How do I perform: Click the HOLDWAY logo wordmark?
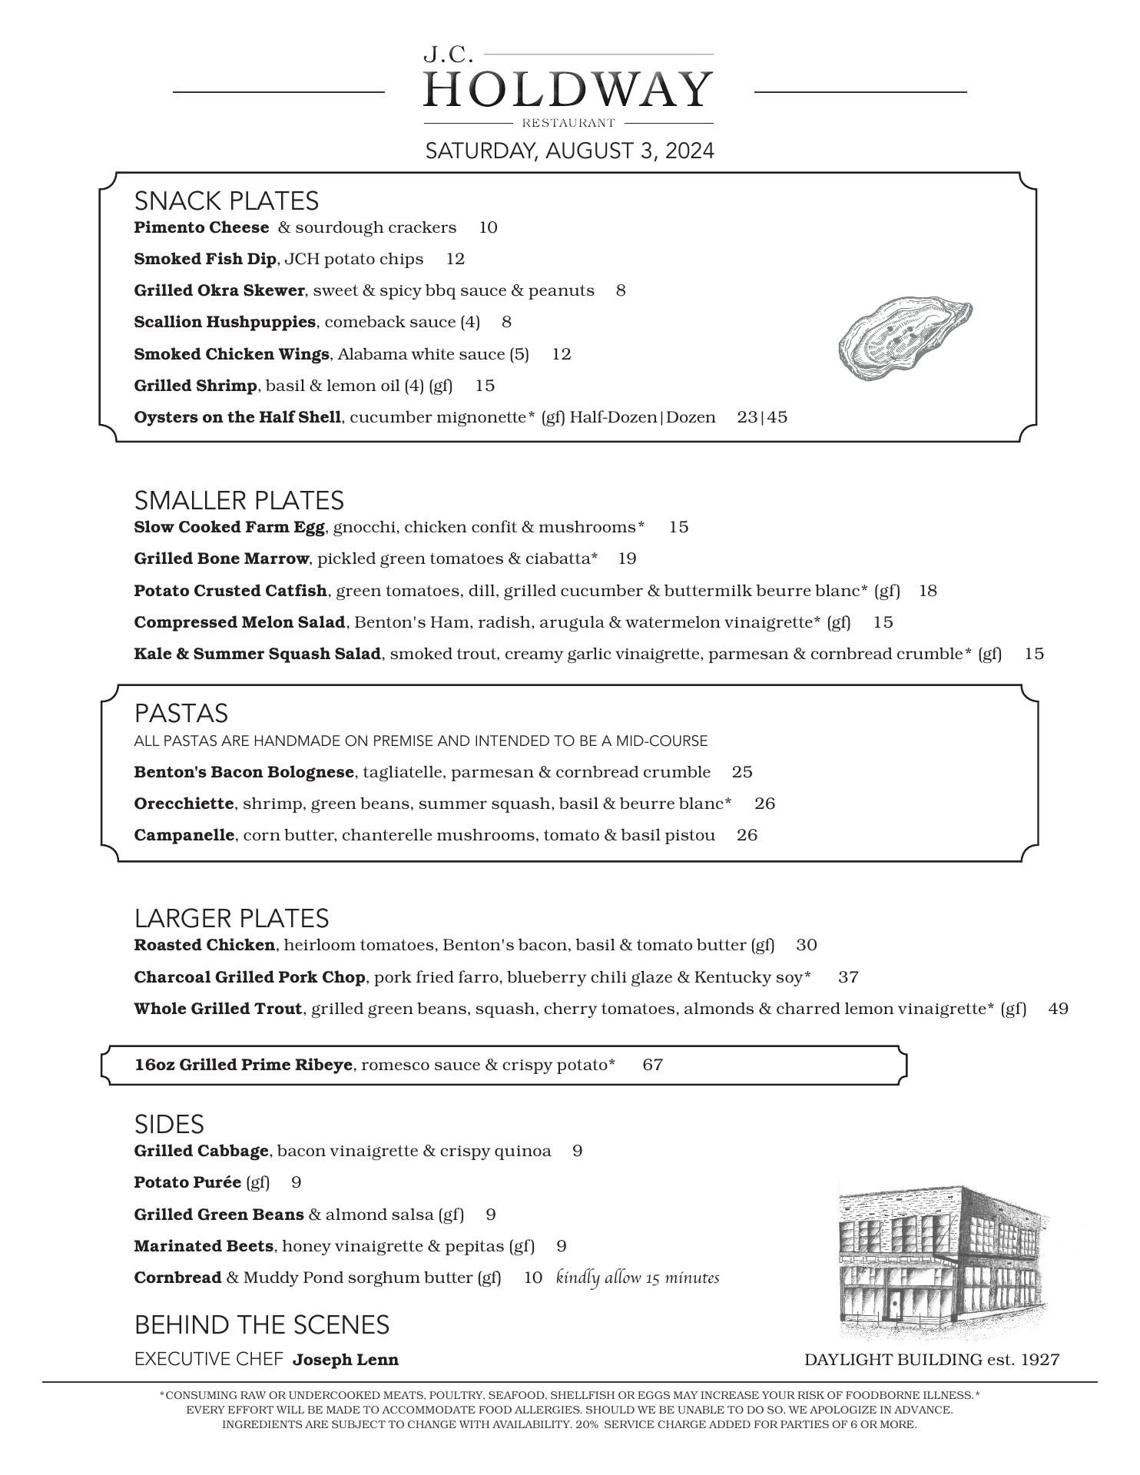pos(568,90)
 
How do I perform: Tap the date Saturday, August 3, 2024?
pos(569,151)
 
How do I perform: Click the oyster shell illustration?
pos(904,339)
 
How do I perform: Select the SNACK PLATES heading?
pos(226,201)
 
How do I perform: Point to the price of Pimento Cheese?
pos(488,227)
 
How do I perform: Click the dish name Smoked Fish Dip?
pos(205,259)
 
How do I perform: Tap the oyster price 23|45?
pos(762,417)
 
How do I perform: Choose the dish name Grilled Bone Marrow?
pos(221,559)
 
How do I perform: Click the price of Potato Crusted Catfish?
pos(928,591)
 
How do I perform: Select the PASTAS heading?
pos(181,713)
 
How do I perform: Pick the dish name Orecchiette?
pos(184,804)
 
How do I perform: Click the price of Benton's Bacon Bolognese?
pos(742,772)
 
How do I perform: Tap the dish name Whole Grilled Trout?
pos(218,1009)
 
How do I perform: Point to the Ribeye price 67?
pos(653,1065)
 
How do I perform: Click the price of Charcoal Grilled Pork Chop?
pos(848,977)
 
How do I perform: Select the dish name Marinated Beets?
pos(204,1246)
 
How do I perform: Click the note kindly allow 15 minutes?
pos(638,1278)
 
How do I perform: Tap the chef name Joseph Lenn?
pos(346,1360)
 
